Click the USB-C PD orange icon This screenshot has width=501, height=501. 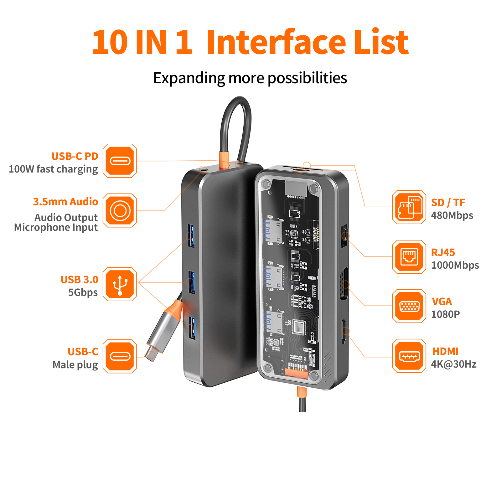tap(120, 161)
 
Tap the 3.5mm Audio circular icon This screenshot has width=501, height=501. tap(120, 210)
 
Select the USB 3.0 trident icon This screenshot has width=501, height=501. tap(120, 284)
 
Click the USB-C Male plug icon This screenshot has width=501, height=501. tap(120, 356)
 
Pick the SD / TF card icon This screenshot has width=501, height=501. tap(409, 207)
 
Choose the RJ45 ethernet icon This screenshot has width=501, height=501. tap(409, 257)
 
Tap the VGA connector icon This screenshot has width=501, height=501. tap(409, 306)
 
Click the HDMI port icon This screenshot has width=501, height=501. tap(409, 356)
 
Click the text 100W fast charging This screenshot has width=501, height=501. tap(53, 169)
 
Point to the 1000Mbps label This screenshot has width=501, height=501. tap(455, 265)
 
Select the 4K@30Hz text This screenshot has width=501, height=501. tap(454, 364)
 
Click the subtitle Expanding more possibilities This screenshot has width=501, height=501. tap(250, 78)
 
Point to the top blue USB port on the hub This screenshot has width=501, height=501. tap(191, 236)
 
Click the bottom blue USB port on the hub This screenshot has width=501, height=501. tap(192, 328)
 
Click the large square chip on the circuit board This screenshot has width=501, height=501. tap(299, 328)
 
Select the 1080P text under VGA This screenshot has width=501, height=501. tap(445, 314)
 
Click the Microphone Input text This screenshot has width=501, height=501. tap(56, 228)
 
